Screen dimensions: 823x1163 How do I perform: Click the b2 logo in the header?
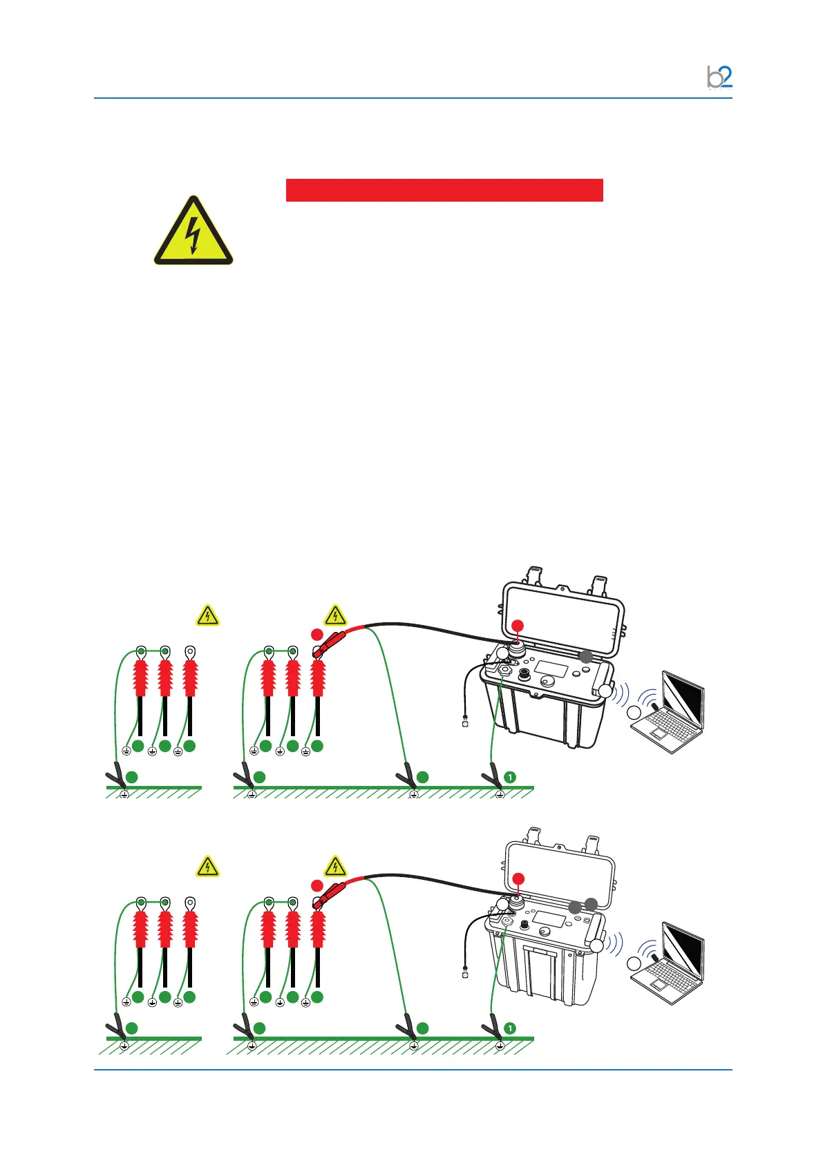[x=719, y=77]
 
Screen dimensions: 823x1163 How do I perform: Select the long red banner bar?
[x=444, y=190]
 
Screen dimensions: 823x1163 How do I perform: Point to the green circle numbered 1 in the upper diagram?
[x=510, y=778]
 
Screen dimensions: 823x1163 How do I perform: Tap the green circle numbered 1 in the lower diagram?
[x=510, y=1029]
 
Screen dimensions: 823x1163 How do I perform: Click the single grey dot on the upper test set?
[x=585, y=657]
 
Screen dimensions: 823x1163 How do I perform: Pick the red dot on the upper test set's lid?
[x=518, y=626]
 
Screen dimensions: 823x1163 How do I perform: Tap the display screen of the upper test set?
[x=551, y=669]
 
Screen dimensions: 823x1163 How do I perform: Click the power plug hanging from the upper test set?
[x=465, y=723]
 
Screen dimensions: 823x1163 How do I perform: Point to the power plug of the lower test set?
[x=465, y=974]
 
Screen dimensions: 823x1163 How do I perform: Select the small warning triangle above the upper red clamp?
[x=335, y=615]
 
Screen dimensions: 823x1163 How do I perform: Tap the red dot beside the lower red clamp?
[x=316, y=885]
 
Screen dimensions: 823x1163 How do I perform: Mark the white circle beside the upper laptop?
[x=634, y=713]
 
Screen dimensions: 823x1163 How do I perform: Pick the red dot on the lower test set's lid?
[x=518, y=878]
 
